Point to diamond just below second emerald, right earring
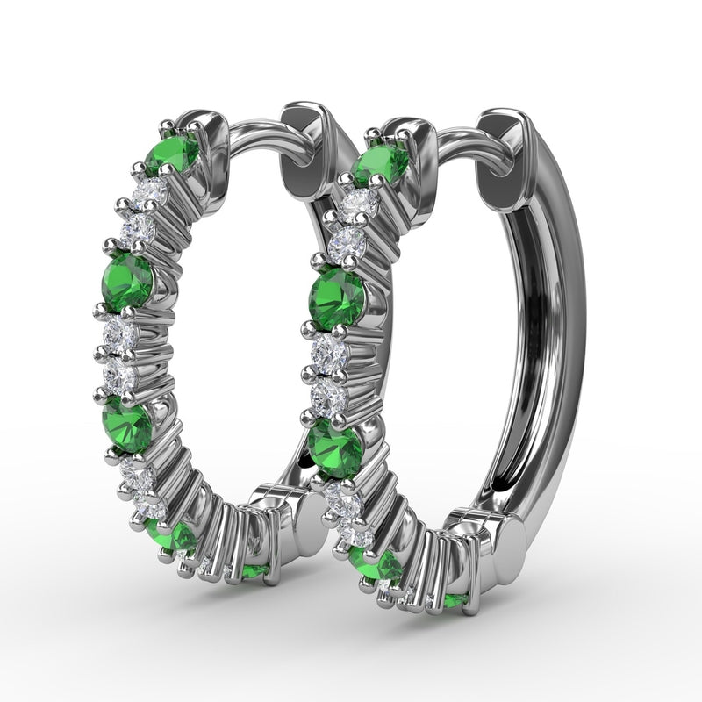click(x=331, y=353)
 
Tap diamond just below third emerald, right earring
click(x=339, y=498)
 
